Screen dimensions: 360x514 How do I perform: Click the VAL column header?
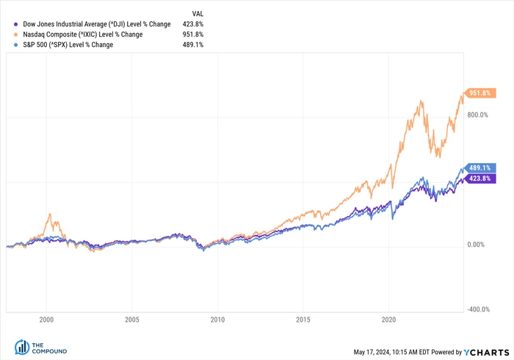(198, 14)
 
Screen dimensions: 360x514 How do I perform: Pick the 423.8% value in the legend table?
(193, 24)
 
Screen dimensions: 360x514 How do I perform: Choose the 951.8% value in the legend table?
(193, 35)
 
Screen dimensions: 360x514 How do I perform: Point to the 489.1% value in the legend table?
(193, 45)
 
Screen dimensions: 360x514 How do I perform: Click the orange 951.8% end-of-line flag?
(480, 93)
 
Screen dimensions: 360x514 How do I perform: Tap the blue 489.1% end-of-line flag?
(480, 168)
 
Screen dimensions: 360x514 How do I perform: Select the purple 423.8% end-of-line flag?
(480, 178)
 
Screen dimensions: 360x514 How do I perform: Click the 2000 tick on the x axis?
(46, 320)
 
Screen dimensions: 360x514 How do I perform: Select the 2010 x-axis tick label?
(217, 320)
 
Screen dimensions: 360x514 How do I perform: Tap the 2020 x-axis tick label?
(389, 320)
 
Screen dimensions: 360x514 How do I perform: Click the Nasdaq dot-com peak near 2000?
(49, 215)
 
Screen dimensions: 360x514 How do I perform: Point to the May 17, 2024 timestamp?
(399, 351)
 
